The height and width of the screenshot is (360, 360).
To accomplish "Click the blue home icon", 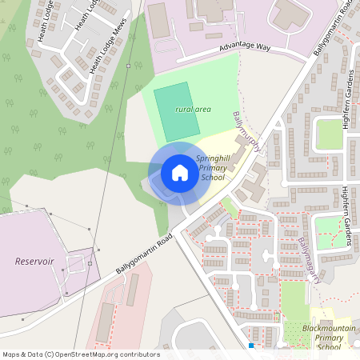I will tap(180, 173).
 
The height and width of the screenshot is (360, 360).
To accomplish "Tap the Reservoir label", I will tap(34, 261).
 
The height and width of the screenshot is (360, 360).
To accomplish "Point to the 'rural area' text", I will tap(193, 109).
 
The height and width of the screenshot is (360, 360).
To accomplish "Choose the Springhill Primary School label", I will tap(213, 168).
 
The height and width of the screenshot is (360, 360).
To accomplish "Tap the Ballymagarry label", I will tap(310, 260).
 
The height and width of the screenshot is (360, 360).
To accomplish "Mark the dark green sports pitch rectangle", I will tap(176, 112).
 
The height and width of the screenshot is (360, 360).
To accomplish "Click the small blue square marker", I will tap(251, 346).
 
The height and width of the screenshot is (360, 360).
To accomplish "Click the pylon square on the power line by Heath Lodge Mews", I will tap(128, 66).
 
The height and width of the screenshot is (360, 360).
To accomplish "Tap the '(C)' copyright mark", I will tap(50, 354).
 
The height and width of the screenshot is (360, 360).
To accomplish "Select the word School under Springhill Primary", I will tap(213, 178).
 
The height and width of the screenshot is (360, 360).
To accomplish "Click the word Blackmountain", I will tap(328, 328).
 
